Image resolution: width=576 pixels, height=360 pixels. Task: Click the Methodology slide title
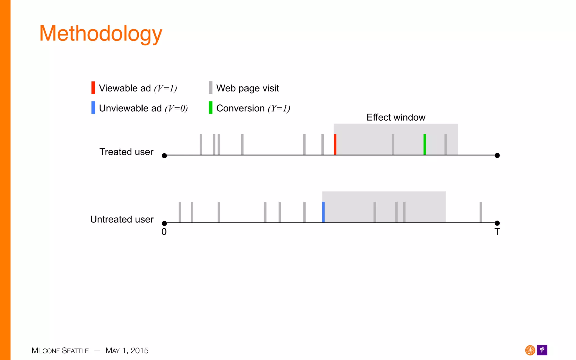(101, 34)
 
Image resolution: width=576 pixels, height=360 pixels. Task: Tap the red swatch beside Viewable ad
(93, 87)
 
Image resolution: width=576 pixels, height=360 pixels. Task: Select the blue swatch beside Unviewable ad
(93, 108)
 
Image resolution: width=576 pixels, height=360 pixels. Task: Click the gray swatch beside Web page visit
(210, 87)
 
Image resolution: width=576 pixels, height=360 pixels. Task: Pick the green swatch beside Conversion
(210, 108)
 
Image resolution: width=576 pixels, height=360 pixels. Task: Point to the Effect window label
(396, 117)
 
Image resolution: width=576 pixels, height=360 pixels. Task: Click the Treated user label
(126, 152)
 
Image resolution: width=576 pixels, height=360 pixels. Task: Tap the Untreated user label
(122, 219)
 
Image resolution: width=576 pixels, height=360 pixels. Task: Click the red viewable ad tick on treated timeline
(335, 144)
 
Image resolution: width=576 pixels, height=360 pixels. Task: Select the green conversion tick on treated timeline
(424, 144)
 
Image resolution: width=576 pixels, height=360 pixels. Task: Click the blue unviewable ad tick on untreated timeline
(323, 212)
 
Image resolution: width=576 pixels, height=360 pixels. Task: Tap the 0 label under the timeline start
(164, 232)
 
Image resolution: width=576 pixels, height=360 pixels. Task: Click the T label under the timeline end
(497, 232)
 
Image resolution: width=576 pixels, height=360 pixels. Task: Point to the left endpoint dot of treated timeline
(165, 156)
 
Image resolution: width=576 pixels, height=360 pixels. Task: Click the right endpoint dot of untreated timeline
(497, 223)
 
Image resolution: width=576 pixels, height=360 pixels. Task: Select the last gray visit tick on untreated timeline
(481, 212)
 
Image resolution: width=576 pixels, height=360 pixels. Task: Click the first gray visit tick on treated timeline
(201, 144)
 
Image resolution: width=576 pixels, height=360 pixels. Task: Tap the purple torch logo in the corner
(542, 350)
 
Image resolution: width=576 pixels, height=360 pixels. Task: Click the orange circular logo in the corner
(530, 350)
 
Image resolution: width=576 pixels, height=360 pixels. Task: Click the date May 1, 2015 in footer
(127, 351)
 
